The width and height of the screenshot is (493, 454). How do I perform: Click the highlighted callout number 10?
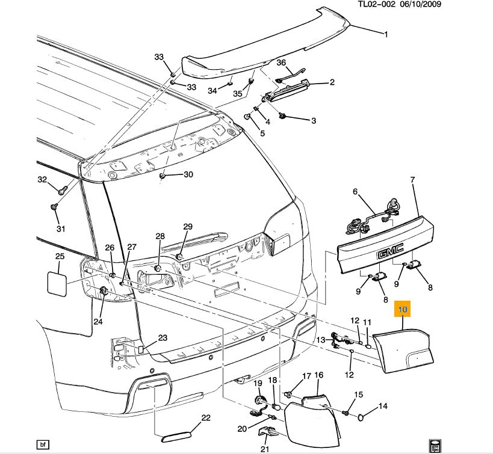tap(402, 310)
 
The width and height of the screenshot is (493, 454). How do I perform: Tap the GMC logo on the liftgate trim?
tap(390, 255)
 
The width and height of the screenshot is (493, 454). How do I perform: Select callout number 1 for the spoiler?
tap(386, 35)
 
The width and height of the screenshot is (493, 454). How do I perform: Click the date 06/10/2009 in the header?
tap(423, 4)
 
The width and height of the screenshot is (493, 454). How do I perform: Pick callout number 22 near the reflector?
tap(205, 418)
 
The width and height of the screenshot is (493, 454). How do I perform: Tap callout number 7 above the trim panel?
tap(413, 180)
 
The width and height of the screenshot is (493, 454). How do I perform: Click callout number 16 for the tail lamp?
tap(319, 375)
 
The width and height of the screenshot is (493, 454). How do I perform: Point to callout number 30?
tap(188, 175)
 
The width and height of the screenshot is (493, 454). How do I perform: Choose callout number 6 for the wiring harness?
tap(355, 192)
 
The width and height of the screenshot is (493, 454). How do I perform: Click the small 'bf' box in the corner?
tap(42, 445)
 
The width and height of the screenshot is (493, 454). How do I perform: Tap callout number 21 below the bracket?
tap(265, 449)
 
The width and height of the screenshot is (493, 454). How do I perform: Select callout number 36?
tap(281, 63)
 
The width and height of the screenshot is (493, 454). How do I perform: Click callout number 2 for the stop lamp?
tap(332, 82)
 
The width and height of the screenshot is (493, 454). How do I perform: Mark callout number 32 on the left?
tap(42, 180)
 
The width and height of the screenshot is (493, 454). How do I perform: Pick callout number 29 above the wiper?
tap(188, 226)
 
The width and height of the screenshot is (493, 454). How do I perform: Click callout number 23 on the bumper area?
tap(162, 338)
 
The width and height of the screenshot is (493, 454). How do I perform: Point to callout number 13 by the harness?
tap(321, 340)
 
